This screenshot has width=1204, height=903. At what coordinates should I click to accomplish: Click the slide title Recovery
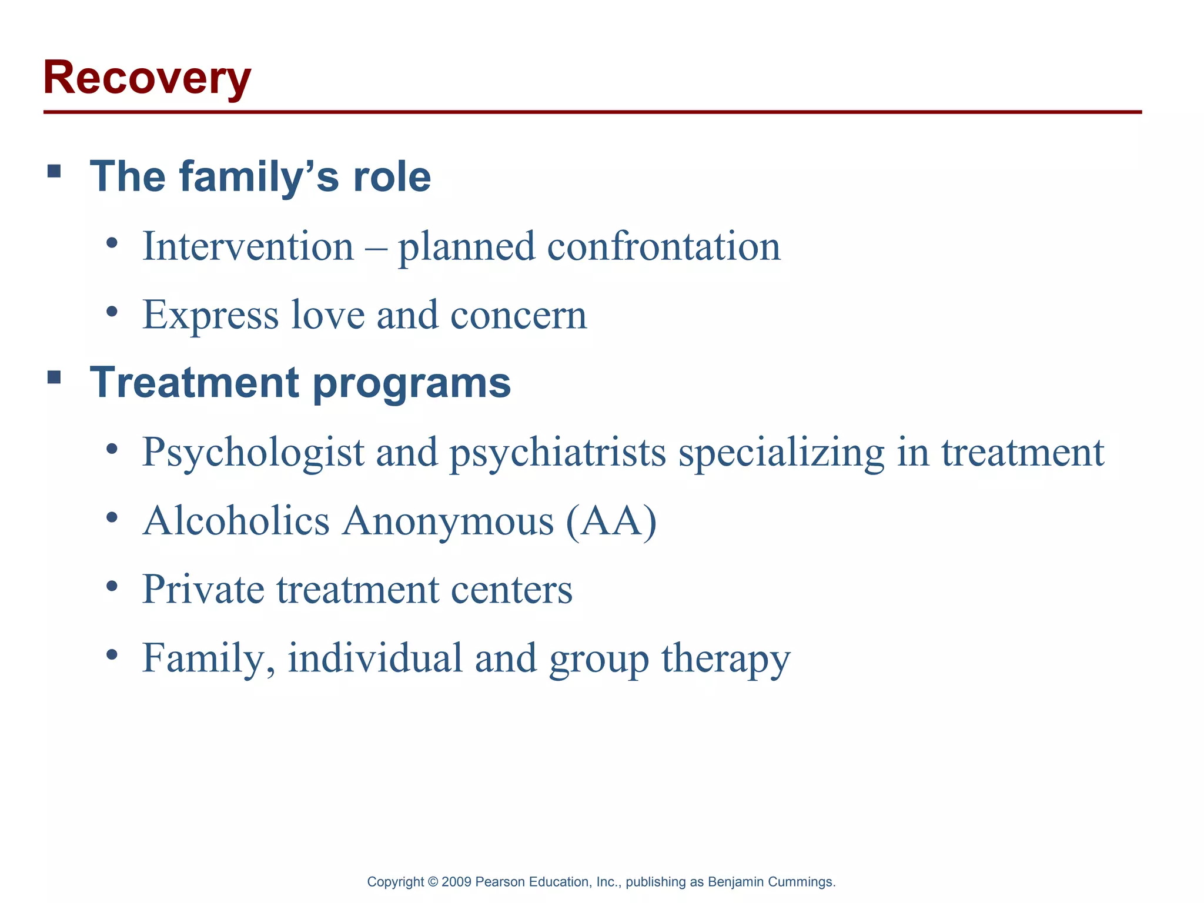click(x=147, y=78)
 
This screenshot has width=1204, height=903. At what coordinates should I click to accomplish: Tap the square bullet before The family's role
click(x=54, y=171)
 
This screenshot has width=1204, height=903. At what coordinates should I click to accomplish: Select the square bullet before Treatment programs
click(x=54, y=377)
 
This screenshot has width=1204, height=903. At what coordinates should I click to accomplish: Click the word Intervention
click(x=248, y=246)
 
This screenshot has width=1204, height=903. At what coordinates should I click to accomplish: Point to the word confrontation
click(x=664, y=246)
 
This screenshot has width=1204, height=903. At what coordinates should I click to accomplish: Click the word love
click(x=328, y=315)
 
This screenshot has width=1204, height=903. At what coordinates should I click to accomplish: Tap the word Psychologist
click(x=253, y=453)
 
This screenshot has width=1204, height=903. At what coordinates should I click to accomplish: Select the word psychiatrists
click(x=558, y=453)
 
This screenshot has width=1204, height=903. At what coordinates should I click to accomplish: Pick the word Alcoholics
click(x=236, y=521)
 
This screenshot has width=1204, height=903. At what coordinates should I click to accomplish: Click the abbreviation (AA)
click(x=611, y=521)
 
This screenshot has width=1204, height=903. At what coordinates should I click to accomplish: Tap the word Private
click(x=203, y=590)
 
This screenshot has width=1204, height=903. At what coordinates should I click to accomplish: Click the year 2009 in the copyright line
click(x=456, y=882)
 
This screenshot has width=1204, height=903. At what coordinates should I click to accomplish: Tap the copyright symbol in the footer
click(x=433, y=882)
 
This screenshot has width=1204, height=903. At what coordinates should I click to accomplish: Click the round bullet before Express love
click(x=112, y=311)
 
